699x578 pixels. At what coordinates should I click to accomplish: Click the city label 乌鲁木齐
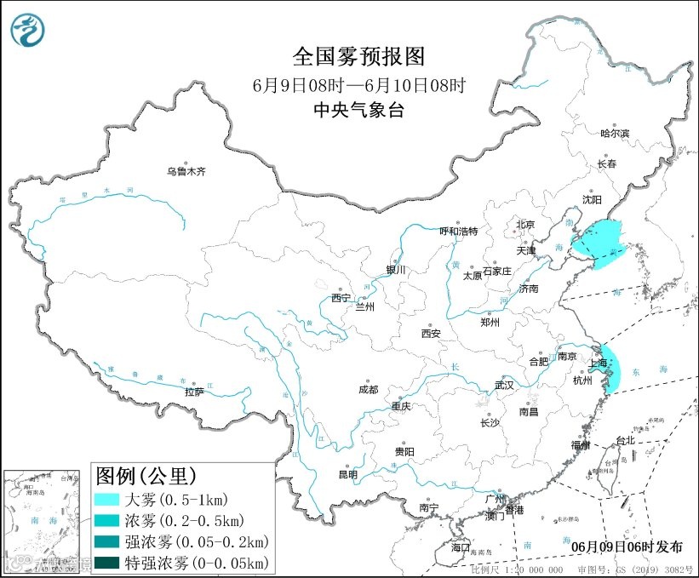tap(186, 172)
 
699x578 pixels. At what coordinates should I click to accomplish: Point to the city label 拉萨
tap(194, 392)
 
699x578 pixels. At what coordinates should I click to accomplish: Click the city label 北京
tap(524, 225)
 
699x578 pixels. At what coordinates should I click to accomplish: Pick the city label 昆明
tap(348, 474)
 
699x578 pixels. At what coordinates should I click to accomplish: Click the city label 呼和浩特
tap(458, 232)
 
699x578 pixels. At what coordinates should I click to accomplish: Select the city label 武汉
tap(504, 385)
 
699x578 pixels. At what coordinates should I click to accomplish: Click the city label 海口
tap(461, 546)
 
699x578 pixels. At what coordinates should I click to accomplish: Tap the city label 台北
tap(625, 441)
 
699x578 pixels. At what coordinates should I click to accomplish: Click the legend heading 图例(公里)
tap(146, 474)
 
